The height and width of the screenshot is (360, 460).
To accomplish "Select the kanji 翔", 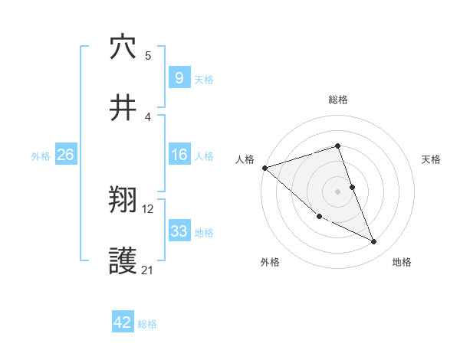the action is (123, 201).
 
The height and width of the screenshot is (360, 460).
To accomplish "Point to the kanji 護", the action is (123, 263).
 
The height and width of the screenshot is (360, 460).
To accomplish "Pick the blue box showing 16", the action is (179, 155).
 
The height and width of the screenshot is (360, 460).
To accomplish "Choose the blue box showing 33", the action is (179, 231).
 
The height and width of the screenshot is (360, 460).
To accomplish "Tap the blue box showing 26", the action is (65, 155).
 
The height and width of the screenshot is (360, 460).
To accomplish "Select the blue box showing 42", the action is (123, 323).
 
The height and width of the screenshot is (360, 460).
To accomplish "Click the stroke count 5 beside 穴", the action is (148, 56).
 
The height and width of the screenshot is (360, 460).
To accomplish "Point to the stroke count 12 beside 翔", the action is (148, 208).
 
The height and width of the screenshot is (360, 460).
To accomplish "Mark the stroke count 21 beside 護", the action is (148, 270).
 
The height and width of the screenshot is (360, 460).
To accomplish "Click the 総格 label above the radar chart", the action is (338, 100).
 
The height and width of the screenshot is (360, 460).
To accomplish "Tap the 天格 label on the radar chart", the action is (432, 159).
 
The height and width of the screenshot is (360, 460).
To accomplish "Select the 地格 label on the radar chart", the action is (402, 262).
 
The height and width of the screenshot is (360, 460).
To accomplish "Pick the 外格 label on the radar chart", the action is (270, 262).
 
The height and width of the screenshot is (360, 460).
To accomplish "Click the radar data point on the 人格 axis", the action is (264, 168).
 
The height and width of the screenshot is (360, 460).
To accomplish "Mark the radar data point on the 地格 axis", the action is (374, 242).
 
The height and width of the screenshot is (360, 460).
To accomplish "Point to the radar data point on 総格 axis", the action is (338, 146).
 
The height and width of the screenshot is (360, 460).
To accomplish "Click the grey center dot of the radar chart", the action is (338, 191).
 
